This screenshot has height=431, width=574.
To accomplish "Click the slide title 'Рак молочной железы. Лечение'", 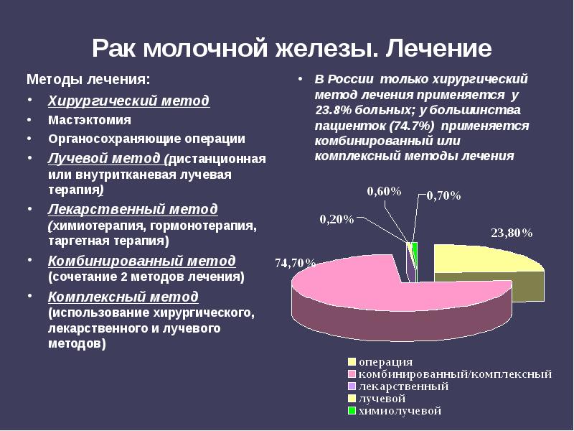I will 291,49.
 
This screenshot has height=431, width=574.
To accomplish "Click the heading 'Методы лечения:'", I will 89,79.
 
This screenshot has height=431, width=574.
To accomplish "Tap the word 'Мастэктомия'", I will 90,119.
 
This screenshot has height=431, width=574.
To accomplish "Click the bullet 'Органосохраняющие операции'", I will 146,139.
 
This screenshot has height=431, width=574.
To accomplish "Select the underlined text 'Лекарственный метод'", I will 133,209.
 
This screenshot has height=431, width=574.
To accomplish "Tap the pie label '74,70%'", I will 295,263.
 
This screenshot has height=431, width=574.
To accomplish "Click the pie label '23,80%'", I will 512,233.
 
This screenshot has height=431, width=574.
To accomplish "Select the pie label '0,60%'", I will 384,190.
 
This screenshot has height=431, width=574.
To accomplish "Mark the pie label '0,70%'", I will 444,195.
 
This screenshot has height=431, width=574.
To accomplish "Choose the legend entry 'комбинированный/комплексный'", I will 455,374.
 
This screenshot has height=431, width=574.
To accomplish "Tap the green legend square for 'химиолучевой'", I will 352,412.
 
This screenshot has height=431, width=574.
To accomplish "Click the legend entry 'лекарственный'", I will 403,386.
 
